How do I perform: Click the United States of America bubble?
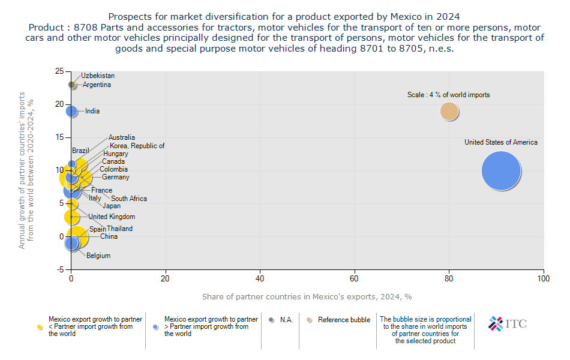[501, 171]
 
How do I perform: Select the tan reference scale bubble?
[449, 111]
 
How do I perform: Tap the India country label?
[92, 111]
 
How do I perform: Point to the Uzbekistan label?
[98, 76]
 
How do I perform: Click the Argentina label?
[97, 85]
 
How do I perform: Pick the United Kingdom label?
[112, 217]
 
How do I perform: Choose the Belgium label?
[98, 256]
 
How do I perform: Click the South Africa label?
[129, 199]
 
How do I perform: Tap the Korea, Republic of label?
[137, 146]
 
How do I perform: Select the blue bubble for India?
[71, 111]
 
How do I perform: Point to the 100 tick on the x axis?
[544, 278]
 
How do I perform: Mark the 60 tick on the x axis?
[355, 278]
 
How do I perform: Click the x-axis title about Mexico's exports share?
[307, 297]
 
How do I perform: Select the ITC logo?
[508, 323]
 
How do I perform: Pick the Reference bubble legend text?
[344, 320]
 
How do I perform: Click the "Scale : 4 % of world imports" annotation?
[449, 95]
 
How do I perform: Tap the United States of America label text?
[501, 142]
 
